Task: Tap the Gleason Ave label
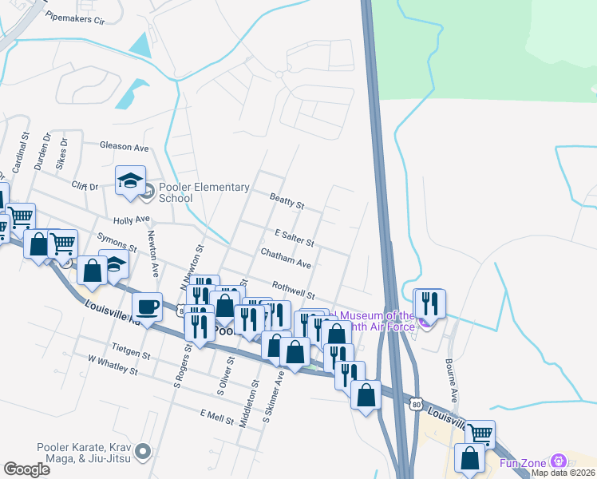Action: pos(125,147)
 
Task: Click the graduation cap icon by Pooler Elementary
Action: pos(130,180)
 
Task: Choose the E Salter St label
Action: pos(294,237)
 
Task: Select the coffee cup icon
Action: pos(148,306)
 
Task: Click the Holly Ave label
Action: pos(132,219)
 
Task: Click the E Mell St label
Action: pos(215,415)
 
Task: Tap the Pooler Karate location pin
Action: pos(144,452)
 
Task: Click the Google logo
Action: pos(27,469)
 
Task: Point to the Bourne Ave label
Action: pos(453,384)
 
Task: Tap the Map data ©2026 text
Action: pos(563,473)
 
